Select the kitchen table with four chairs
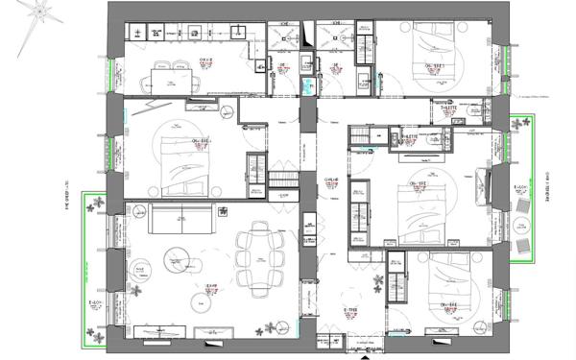coord(174,79)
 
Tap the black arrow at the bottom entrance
coord(361,354)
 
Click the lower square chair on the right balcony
coord(523,249)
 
